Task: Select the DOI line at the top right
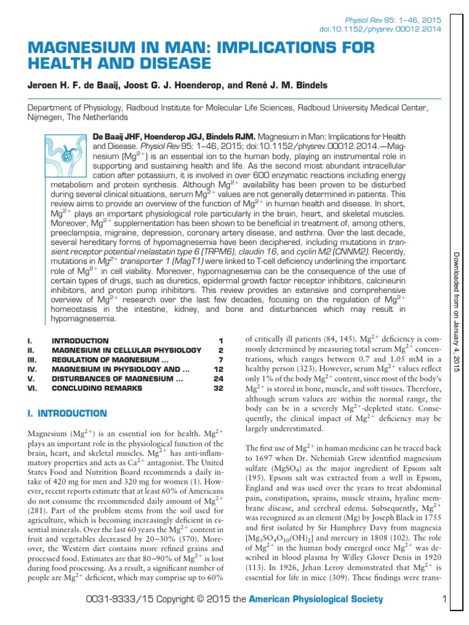(381, 29)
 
